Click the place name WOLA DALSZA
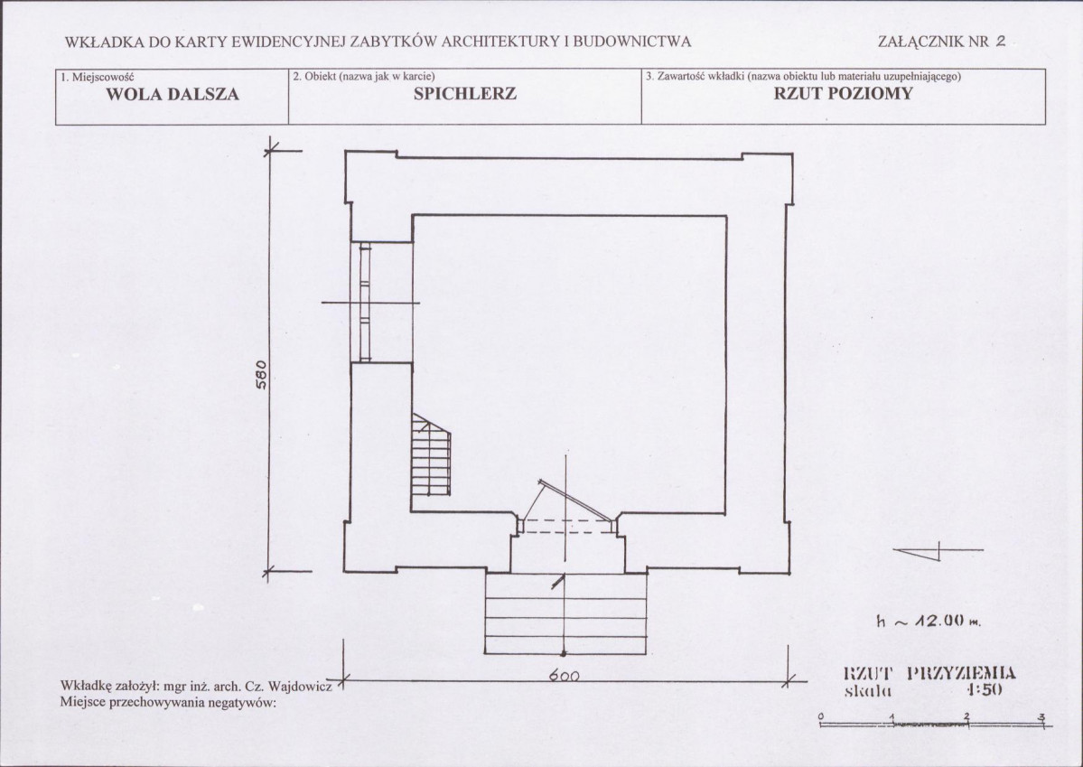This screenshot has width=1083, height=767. pyautogui.click(x=172, y=95)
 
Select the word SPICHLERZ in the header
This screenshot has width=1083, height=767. pyautogui.click(x=465, y=94)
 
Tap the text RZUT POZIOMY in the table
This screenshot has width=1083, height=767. pyautogui.click(x=843, y=93)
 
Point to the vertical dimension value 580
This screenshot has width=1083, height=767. pyautogui.click(x=261, y=375)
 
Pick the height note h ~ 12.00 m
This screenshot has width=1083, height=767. pyautogui.click(x=929, y=622)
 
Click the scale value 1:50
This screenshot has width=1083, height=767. pyautogui.click(x=985, y=689)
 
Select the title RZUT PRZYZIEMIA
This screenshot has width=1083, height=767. pyautogui.click(x=929, y=672)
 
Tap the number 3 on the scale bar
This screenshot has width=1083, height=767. pyautogui.click(x=1041, y=716)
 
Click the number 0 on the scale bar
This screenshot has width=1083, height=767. pyautogui.click(x=820, y=716)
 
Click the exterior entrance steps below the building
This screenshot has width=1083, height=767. pyautogui.click(x=565, y=613)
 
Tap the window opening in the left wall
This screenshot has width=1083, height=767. pyautogui.click(x=365, y=302)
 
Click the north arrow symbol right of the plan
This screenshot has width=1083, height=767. pyautogui.click(x=938, y=551)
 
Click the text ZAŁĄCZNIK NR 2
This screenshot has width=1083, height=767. pyautogui.click(x=941, y=41)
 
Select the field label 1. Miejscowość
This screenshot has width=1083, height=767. pyautogui.click(x=98, y=76)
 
